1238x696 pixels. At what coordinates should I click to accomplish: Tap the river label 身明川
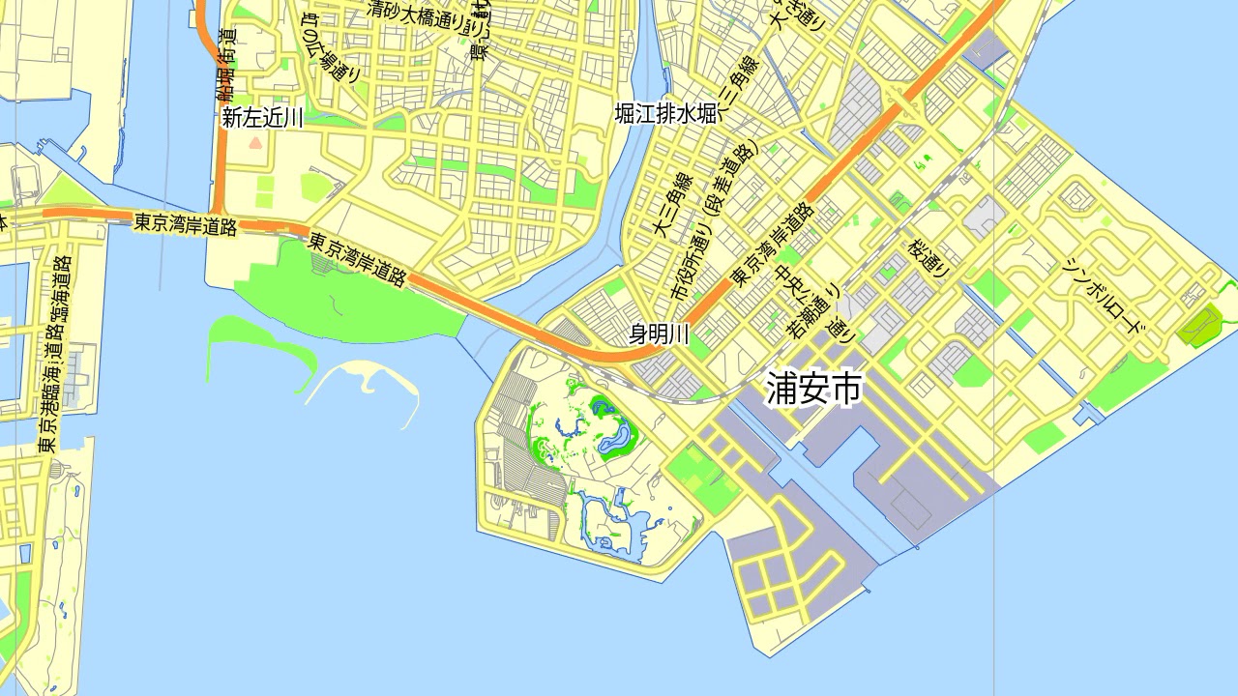(x=659, y=334)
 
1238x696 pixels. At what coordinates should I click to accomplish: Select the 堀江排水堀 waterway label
(x=665, y=114)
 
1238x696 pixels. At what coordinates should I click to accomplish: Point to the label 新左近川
(x=262, y=118)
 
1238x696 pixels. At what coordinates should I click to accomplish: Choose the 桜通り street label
(x=928, y=257)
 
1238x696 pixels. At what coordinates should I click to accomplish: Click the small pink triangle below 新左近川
(x=255, y=142)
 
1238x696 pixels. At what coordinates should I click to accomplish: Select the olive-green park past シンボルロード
(x=1200, y=325)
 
